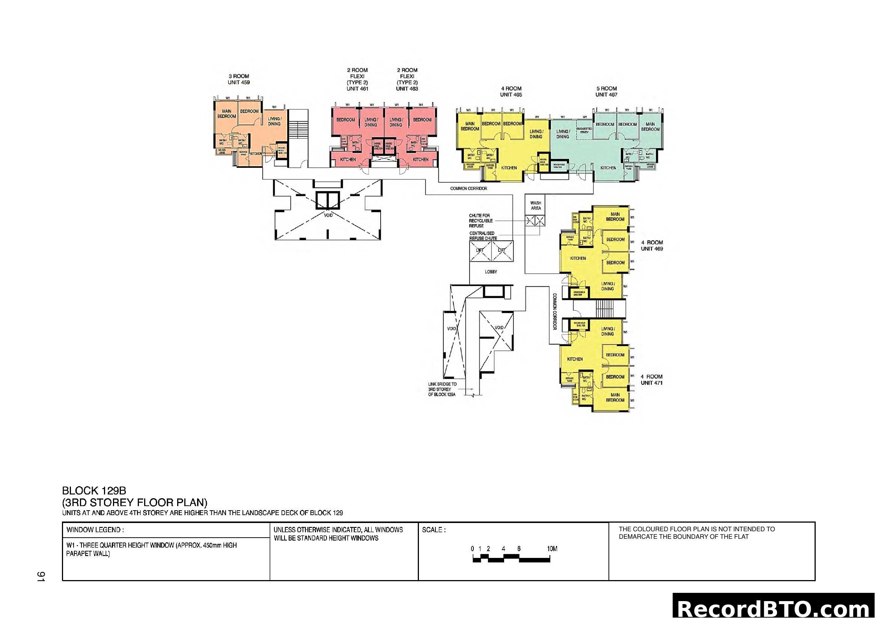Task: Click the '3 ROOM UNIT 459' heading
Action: (x=239, y=79)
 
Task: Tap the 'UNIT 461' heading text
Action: (x=357, y=89)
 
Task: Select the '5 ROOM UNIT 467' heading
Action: (x=606, y=91)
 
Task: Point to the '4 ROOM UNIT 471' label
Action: (x=652, y=380)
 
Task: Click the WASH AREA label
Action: (x=535, y=206)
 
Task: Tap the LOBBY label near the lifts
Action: (x=491, y=272)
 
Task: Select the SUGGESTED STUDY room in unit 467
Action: (x=584, y=130)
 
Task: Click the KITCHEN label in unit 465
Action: (x=509, y=168)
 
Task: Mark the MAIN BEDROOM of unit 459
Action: (x=226, y=113)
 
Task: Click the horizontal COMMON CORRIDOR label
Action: (x=468, y=188)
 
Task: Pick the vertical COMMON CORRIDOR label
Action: (x=554, y=312)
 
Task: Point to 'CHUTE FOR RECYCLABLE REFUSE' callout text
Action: (x=480, y=221)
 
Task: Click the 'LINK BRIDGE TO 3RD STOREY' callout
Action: (x=442, y=389)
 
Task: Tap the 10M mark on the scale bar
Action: (x=552, y=549)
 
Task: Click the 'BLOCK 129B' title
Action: (x=94, y=491)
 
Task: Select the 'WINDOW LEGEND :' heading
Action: (x=95, y=530)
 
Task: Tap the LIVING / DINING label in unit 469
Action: (x=608, y=286)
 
